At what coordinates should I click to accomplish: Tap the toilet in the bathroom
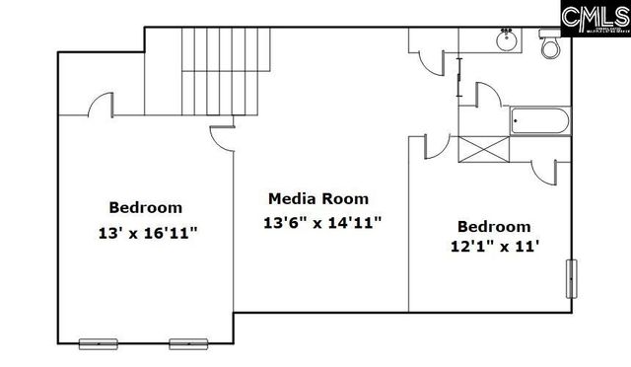(549, 44)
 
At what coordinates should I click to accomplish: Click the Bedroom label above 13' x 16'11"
(145, 207)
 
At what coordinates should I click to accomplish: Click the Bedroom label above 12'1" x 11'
(494, 226)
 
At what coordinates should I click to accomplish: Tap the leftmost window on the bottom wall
(97, 343)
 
